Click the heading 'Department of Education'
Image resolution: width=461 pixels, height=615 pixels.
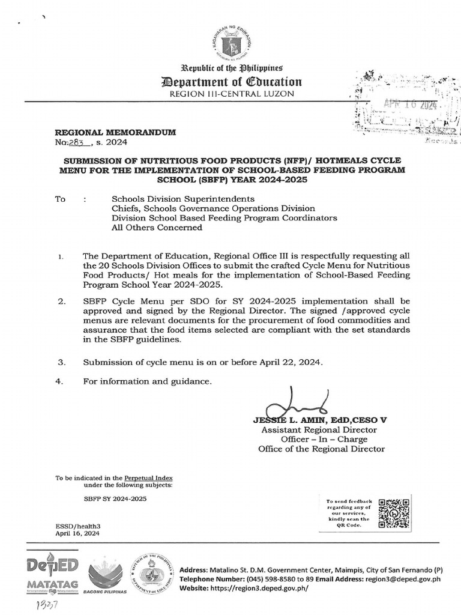click(230, 82)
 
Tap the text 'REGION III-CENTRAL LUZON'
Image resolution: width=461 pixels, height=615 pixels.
click(230, 94)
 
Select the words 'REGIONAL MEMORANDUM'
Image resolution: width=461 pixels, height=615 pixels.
click(115, 132)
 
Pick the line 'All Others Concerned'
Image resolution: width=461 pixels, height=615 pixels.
click(157, 228)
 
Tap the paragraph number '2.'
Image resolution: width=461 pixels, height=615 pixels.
click(61, 300)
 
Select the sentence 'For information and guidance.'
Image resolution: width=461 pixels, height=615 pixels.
click(148, 381)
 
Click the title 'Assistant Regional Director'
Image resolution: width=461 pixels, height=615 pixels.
click(319, 430)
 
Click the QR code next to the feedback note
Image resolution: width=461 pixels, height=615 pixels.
click(394, 513)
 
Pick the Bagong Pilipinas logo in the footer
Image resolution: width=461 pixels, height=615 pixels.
click(108, 575)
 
